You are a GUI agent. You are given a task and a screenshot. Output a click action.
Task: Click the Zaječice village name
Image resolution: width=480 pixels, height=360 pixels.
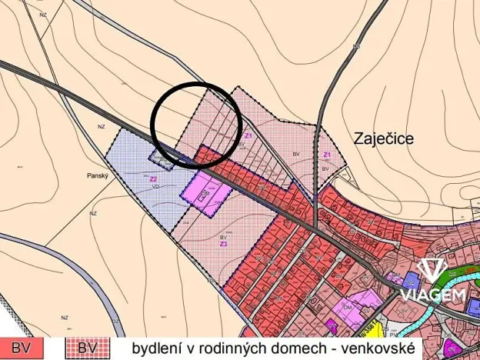(x=385, y=139)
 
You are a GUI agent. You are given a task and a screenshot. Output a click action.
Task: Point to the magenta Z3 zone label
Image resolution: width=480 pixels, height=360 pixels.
(x=223, y=244)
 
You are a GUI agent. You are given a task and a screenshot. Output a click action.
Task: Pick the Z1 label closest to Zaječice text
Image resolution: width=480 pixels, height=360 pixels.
(x=326, y=155)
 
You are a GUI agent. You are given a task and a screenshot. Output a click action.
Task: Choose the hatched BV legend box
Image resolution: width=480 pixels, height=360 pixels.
(x=86, y=348)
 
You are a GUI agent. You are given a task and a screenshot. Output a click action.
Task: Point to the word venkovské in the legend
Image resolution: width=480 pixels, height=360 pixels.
(x=380, y=347)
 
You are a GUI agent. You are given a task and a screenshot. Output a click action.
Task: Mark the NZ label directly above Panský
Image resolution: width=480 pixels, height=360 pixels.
(x=101, y=125)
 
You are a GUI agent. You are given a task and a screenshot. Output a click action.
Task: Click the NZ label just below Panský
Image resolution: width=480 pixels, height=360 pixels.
(x=92, y=213)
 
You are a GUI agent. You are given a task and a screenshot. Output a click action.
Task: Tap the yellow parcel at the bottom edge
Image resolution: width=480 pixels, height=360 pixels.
(x=330, y=325)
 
